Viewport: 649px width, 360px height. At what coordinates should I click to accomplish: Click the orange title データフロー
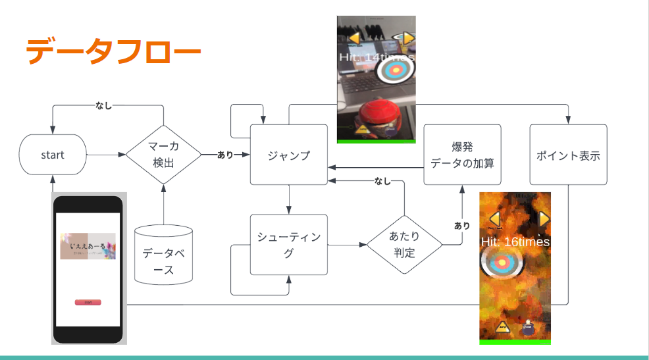click(x=113, y=51)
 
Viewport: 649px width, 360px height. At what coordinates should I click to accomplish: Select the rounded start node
click(x=53, y=155)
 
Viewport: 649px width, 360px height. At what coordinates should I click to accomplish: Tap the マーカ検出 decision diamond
click(x=163, y=155)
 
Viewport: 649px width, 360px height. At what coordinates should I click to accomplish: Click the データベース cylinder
click(x=163, y=255)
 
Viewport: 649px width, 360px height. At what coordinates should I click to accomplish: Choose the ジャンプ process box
click(x=288, y=155)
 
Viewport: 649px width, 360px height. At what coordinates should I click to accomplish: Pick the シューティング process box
click(x=288, y=245)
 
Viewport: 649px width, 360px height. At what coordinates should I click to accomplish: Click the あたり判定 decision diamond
click(x=404, y=244)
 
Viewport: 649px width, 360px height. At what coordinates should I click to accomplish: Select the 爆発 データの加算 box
click(x=462, y=155)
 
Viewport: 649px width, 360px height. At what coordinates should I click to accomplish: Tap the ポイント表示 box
click(x=568, y=156)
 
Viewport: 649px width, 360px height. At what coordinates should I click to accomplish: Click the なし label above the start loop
click(x=107, y=105)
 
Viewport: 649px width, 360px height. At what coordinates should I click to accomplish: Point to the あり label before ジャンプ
click(x=225, y=155)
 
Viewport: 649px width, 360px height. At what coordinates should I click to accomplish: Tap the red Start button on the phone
click(x=88, y=302)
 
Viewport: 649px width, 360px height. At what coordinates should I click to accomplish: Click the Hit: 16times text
click(x=515, y=242)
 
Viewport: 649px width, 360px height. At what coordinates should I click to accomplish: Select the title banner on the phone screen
click(x=88, y=246)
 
